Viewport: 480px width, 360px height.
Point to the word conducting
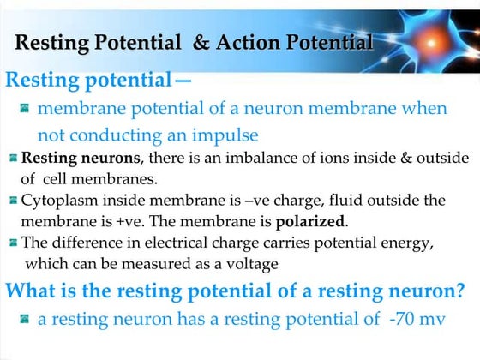122,135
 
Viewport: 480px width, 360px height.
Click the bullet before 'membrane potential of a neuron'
25,109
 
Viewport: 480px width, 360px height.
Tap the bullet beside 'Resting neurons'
13,159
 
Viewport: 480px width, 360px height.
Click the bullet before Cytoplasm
13,201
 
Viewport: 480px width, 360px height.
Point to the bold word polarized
310,221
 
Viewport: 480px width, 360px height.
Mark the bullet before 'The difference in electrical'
13,242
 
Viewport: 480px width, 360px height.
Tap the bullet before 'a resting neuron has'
25,320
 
